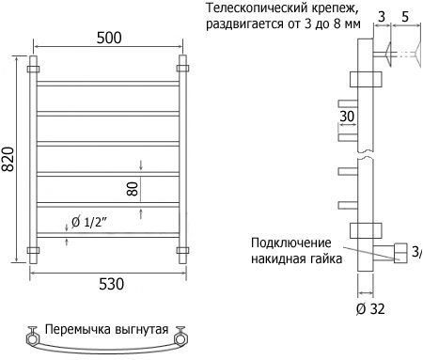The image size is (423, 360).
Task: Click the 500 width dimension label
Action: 109,38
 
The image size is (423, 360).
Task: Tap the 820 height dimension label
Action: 8,159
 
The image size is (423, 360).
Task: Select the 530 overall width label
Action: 112,284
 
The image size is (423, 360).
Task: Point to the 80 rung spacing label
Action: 133,189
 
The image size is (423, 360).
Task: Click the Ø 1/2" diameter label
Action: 89,222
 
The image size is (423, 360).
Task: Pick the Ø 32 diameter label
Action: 370,309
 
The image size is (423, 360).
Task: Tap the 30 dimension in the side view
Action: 347,117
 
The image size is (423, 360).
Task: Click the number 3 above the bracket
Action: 382,17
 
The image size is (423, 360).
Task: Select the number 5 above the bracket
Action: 405,17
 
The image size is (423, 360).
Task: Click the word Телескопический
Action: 257,8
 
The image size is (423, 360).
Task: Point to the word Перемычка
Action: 78,329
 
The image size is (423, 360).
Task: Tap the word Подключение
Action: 291,243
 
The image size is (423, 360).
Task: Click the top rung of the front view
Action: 108,84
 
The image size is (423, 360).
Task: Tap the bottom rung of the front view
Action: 108,235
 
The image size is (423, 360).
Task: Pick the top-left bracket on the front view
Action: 33,69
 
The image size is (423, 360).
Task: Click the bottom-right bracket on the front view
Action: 182,250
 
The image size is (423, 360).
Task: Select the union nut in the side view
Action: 400,253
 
